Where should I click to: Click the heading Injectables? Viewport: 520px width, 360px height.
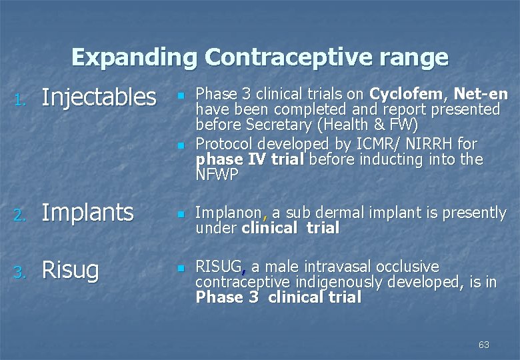click(99, 98)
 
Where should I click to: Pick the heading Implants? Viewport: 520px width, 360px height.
click(87, 213)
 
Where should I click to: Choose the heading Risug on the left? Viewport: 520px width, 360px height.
click(70, 270)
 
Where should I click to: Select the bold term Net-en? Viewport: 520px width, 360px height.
click(481, 94)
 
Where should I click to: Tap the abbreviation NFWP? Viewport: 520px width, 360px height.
click(217, 175)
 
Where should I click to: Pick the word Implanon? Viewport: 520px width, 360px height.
click(228, 213)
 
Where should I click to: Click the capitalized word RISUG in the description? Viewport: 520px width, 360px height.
click(219, 267)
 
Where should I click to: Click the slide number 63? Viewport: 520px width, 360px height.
click(483, 345)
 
